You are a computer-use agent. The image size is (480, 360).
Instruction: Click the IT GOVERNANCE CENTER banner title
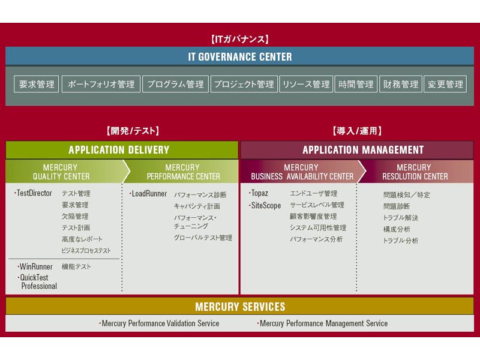pyautogui.click(x=240, y=56)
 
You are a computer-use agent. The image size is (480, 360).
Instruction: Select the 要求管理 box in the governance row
pyautogui.click(x=37, y=84)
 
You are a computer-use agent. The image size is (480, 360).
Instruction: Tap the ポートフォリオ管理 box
pyautogui.click(x=101, y=84)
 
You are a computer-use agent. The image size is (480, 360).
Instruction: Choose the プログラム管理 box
pyautogui.click(x=176, y=84)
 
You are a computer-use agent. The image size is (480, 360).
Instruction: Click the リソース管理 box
pyautogui.click(x=306, y=84)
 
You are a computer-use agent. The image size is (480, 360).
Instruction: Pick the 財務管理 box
pyautogui.click(x=401, y=84)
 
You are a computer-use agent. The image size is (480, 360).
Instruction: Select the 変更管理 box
pyautogui.click(x=445, y=84)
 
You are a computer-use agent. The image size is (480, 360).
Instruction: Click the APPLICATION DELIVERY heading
pyautogui.click(x=119, y=149)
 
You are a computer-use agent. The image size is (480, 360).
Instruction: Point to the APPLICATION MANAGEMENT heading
pyautogui.click(x=363, y=149)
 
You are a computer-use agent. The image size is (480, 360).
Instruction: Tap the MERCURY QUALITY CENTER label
pyautogui.click(x=61, y=172)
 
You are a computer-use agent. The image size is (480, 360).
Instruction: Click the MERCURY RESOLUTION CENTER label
pyautogui.click(x=415, y=172)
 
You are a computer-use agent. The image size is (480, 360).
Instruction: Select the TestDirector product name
pyautogui.click(x=34, y=193)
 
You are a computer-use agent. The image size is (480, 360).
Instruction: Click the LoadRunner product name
pyautogui.click(x=148, y=193)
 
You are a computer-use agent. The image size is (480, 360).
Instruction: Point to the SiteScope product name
pyautogui.click(x=265, y=205)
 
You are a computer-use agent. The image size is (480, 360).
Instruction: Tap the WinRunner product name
pyautogui.click(x=35, y=266)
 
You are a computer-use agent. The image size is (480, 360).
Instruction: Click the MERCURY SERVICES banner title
pyautogui.click(x=240, y=307)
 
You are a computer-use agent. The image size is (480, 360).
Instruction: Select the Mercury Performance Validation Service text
pyautogui.click(x=160, y=323)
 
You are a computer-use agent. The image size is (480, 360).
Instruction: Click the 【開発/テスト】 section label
pyautogui.click(x=133, y=131)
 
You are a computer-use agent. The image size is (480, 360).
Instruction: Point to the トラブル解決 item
pyautogui.click(x=400, y=218)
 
